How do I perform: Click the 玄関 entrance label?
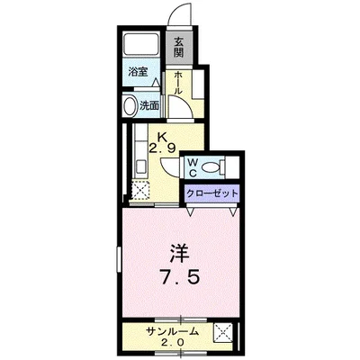tap(179, 45)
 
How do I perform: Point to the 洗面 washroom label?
tap(148, 104)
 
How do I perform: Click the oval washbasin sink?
tap(129, 104)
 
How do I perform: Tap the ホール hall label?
tap(179, 85)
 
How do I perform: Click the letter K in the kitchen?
tap(163, 135)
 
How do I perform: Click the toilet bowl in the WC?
tap(212, 167)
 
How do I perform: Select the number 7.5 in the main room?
tap(179, 277)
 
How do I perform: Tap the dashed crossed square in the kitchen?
tap(140, 191)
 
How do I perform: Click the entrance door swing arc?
tap(179, 16)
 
